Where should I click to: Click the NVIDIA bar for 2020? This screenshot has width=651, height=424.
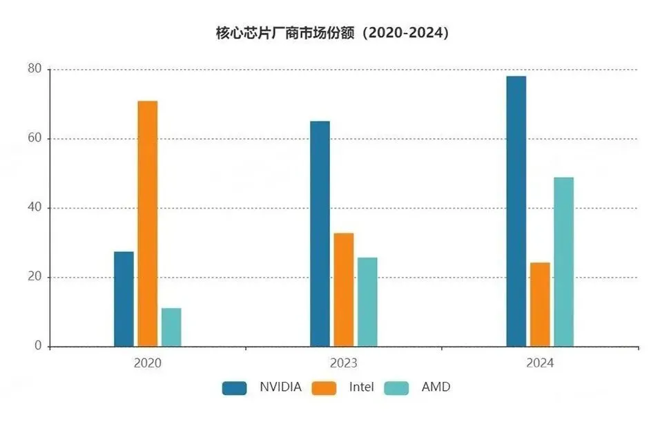coord(124,299)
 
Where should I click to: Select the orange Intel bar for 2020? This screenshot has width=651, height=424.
coord(147,224)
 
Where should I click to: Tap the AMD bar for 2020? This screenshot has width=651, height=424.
coord(171,327)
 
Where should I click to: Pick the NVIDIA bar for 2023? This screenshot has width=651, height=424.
coord(320,234)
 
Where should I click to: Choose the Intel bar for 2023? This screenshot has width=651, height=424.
coord(344,290)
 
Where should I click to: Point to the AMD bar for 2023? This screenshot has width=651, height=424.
coord(367,302)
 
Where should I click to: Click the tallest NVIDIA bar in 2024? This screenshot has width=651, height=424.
coord(516,211)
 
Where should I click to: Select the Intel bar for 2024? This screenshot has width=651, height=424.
coord(540,305)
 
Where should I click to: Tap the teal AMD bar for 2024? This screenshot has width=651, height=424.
coord(564,262)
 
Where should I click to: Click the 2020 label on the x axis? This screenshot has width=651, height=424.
coord(147,363)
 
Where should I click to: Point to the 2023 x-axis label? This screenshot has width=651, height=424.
coord(343,363)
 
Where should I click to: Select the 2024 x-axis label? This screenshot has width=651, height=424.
coord(540,363)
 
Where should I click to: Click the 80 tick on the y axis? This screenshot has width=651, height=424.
coord(35,68)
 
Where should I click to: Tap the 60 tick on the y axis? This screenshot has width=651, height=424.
coord(35,138)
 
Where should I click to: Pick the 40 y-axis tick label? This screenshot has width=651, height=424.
coord(35,207)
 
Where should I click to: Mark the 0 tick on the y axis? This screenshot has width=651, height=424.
coord(38,345)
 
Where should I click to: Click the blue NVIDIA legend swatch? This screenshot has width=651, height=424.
coord(234,388)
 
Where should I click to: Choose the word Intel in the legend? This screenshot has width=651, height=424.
coord(361,387)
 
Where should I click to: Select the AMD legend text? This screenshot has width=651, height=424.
coord(436,387)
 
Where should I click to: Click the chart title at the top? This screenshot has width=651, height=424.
coord(332,33)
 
